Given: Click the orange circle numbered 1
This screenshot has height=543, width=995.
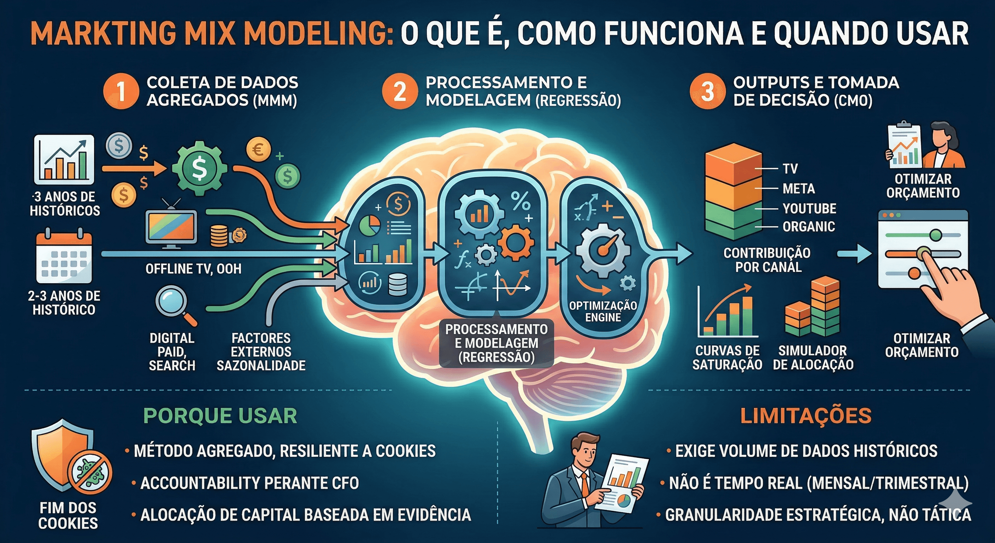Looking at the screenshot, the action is [121, 91].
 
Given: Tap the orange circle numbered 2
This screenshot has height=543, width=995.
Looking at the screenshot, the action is [400, 91].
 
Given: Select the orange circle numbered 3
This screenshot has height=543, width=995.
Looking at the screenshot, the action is [708, 91].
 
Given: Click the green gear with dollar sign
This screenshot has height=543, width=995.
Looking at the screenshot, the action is [199, 169].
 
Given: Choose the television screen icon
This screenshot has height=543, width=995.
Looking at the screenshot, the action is [171, 227].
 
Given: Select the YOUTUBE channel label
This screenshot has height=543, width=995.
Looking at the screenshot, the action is [809, 209].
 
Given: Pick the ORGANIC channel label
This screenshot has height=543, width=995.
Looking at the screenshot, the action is [809, 227].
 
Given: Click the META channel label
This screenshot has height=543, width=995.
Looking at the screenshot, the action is [799, 189].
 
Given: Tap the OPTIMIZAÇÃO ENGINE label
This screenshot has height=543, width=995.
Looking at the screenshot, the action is [603, 311].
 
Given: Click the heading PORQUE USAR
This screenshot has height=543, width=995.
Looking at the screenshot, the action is [220, 416].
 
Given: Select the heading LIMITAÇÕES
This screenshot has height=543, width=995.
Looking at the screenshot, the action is [806, 416].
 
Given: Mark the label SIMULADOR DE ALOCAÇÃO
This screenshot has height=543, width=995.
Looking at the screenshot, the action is [813, 357].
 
